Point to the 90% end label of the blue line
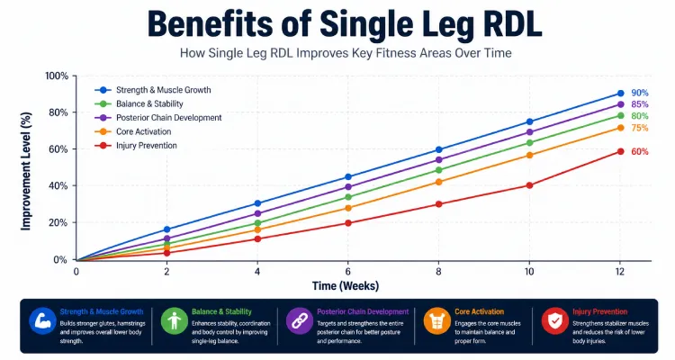click(639, 94)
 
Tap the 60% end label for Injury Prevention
click(639, 151)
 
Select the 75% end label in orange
click(639, 128)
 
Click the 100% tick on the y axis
click(56, 76)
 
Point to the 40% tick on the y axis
click(58, 186)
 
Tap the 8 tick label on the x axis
click(439, 271)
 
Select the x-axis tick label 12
click(620, 271)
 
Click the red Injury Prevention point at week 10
click(529, 185)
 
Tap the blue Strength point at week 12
click(620, 94)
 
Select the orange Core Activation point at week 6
click(348, 208)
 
